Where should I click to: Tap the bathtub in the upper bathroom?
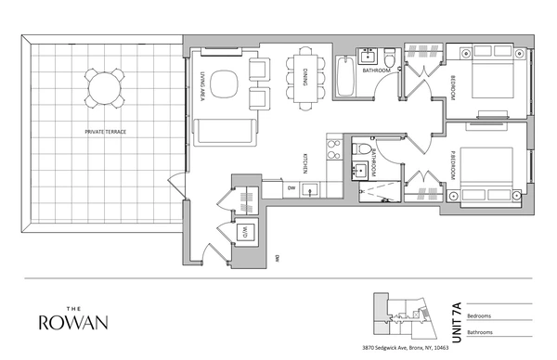coord(345,79)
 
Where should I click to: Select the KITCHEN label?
coord(304,165)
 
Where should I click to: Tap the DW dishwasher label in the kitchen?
coord(291,189)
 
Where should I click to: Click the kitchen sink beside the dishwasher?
coord(313,189)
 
